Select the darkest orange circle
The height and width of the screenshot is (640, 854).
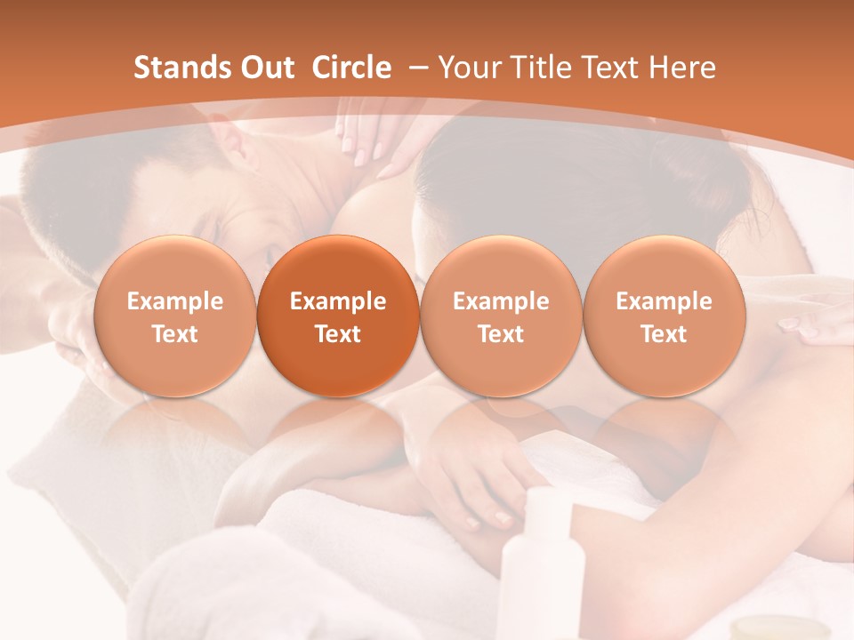point(338,316)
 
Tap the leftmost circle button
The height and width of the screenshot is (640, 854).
point(175,316)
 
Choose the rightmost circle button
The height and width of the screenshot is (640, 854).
point(664,316)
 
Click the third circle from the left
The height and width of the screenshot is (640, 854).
point(501,316)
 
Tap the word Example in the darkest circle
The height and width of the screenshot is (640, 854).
point(338,301)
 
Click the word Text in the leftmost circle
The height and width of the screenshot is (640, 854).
point(175,334)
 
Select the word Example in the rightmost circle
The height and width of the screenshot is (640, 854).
point(664,301)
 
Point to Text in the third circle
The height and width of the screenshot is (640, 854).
point(501,334)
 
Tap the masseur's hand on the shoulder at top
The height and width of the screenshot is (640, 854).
point(374,133)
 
